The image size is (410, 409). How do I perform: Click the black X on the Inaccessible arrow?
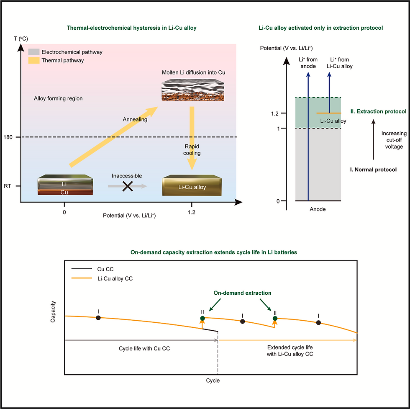128,186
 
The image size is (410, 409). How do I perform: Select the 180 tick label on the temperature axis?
8,137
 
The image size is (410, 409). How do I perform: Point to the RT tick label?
8,186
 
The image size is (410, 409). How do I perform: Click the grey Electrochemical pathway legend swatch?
34,52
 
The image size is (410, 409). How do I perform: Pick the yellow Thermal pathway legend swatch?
34,60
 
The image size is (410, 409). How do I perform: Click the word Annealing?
135,120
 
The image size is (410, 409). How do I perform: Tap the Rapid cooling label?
192,150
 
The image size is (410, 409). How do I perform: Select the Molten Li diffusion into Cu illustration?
193,90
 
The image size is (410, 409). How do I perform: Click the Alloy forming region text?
58,98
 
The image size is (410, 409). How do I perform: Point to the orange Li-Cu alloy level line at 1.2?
329,113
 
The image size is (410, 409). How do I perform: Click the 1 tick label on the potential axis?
278,129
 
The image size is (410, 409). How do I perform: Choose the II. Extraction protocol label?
378,111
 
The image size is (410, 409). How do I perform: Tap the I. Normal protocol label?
373,170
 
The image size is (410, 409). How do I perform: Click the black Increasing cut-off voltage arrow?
373,139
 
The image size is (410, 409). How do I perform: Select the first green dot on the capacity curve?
202,318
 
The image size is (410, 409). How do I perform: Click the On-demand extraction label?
242,293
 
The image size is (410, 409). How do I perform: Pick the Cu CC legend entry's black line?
82,269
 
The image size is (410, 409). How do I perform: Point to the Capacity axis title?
53,311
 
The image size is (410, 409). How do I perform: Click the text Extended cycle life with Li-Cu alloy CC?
290,351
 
